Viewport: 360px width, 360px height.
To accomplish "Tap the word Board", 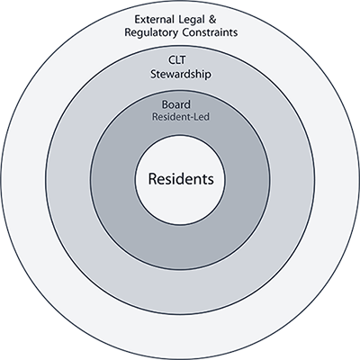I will tap(180, 104).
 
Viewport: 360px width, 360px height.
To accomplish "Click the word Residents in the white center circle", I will tap(180, 178).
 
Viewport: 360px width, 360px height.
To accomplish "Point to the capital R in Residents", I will tap(151, 178).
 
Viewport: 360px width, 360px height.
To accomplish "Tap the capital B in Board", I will tap(166, 104).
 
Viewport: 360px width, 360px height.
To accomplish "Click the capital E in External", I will tap(137, 20).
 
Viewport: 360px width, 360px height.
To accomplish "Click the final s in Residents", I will tap(211, 179).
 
